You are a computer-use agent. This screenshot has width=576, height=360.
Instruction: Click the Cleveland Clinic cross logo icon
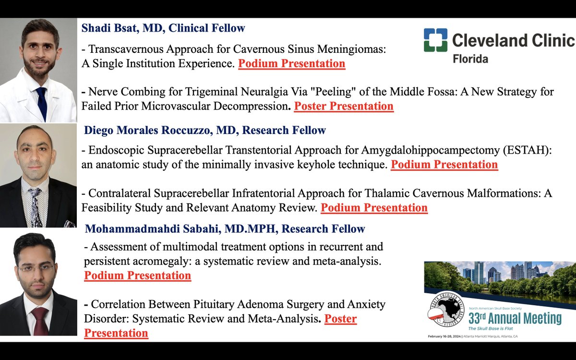tap(435, 40)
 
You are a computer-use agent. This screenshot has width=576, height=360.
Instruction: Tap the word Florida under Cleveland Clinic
tap(470, 59)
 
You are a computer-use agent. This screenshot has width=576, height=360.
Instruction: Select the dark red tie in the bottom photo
tap(40, 320)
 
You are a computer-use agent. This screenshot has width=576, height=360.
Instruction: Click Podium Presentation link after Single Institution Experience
tap(291, 64)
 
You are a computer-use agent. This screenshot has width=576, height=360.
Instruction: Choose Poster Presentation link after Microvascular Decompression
tap(344, 106)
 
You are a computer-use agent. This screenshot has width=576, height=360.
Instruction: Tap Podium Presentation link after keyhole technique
tap(444, 165)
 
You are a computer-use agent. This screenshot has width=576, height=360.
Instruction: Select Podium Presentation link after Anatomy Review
tap(374, 208)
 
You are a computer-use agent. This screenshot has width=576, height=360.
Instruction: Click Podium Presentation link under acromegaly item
tap(137, 276)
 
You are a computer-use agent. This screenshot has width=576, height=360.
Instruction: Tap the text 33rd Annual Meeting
tap(515, 318)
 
